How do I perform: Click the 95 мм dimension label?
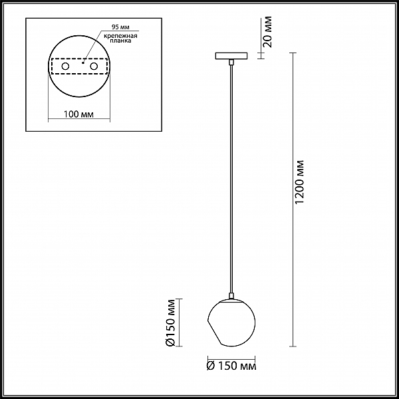point(120,27)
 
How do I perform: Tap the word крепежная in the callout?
point(120,36)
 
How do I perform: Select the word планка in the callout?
point(120,41)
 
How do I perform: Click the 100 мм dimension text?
point(78,114)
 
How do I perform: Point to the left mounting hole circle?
point(65,66)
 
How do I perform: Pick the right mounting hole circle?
point(94,66)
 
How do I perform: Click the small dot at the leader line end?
point(82,63)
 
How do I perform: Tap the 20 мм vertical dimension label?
point(267,32)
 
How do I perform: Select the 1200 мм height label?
point(299,182)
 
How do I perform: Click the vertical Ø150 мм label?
point(170,323)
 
